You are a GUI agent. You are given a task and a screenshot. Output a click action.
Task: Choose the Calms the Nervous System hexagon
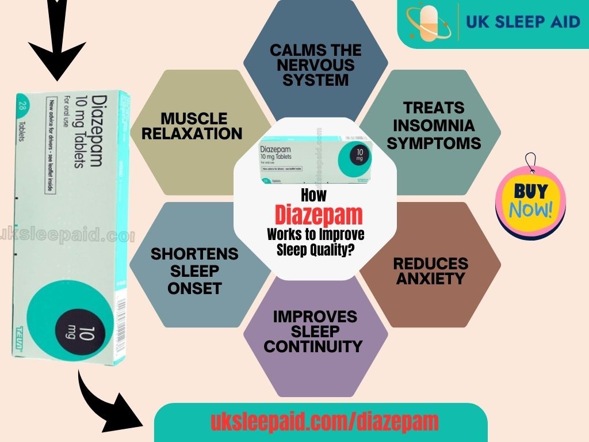pos(315,64)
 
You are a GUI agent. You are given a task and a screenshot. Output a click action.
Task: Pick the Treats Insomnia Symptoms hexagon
pos(434,125)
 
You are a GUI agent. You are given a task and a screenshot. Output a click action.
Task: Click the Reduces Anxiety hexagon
pos(431,271)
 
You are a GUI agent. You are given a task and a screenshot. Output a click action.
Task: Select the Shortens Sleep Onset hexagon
pos(194,270)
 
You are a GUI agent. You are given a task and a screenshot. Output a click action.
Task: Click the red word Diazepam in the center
pos(319,215)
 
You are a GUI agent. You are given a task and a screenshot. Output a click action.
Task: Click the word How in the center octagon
pos(314,196)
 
